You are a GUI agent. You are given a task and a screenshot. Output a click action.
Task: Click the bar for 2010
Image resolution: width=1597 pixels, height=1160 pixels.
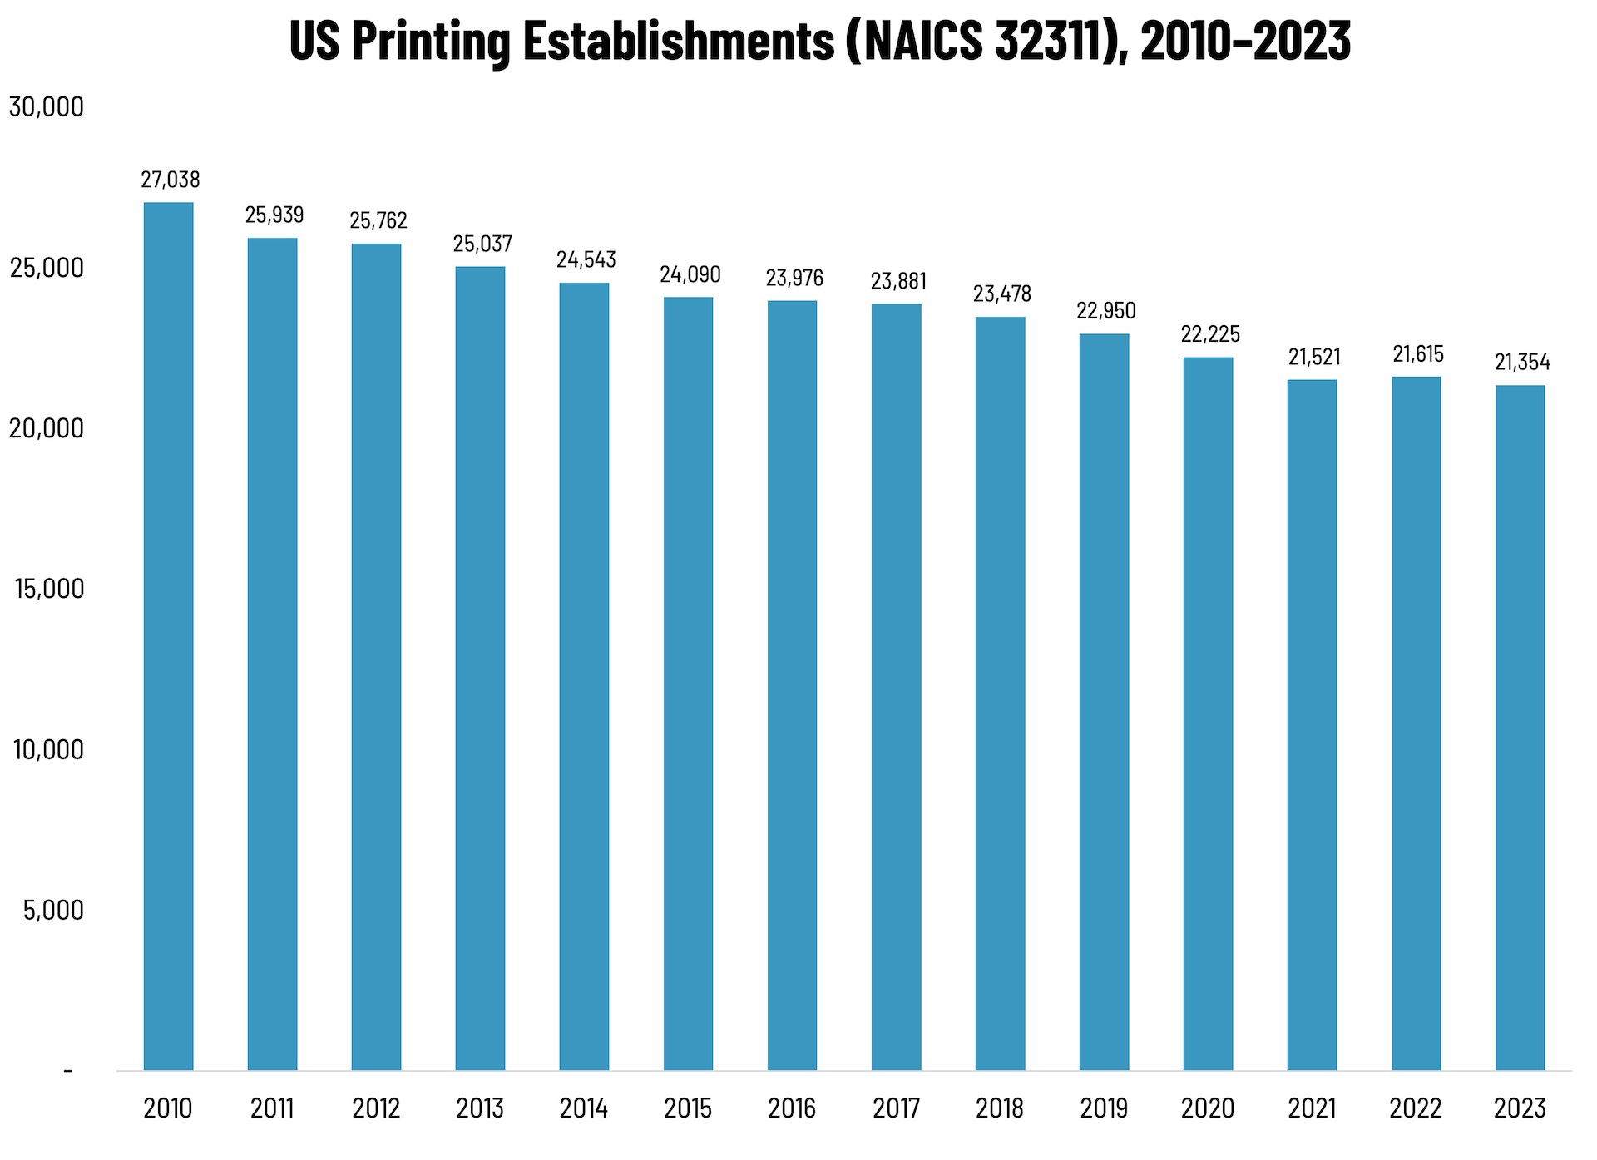(x=168, y=636)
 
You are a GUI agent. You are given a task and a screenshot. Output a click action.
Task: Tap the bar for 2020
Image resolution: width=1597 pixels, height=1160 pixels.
(x=1208, y=713)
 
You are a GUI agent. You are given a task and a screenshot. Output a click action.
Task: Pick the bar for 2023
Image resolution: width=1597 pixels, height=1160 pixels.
(x=1520, y=728)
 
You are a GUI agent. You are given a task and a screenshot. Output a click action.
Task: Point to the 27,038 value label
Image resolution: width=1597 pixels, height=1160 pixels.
(x=170, y=180)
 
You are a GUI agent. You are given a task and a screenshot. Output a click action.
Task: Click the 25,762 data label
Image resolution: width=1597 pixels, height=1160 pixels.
(x=378, y=220)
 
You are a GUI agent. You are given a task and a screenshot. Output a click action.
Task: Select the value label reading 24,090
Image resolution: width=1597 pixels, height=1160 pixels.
(x=690, y=274)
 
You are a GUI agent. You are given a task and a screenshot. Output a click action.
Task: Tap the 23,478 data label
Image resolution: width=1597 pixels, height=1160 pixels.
(x=1002, y=294)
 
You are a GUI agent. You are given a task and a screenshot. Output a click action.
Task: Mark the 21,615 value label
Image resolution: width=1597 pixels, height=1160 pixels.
(x=1418, y=354)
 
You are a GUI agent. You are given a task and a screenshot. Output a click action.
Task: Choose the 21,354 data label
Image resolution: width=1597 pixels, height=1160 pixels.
(x=1522, y=362)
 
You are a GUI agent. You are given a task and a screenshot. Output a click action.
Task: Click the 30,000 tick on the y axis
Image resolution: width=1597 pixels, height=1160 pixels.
(x=47, y=107)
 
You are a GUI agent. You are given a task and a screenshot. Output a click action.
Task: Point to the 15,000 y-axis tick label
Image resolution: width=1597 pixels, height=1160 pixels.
(x=49, y=589)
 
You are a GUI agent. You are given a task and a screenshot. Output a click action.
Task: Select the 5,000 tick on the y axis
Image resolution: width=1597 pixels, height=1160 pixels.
(x=53, y=910)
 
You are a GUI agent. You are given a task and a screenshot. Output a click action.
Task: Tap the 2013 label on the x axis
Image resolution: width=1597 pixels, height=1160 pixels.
(x=480, y=1108)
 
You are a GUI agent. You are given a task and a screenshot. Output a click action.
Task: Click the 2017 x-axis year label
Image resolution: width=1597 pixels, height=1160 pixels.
(x=896, y=1108)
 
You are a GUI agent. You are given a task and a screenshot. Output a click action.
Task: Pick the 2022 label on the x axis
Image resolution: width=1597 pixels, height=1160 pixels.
(x=1416, y=1108)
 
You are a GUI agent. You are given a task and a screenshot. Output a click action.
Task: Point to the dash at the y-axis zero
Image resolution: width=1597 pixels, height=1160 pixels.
(x=68, y=1071)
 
